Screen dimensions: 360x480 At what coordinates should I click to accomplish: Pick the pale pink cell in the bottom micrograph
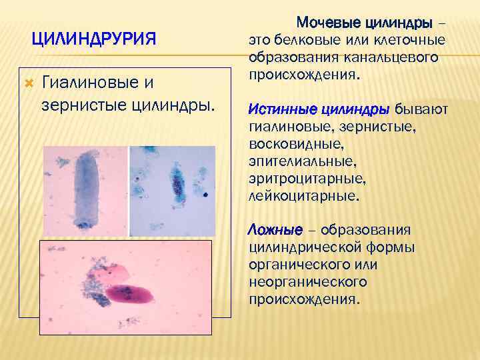(117, 273)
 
